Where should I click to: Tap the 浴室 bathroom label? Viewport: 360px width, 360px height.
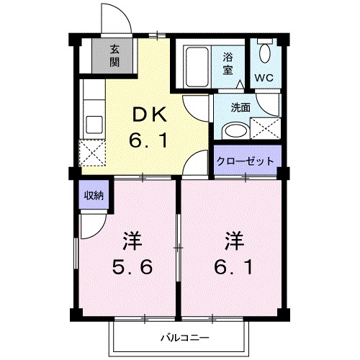pos(229,63)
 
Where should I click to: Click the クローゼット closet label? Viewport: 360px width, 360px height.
pos(246,161)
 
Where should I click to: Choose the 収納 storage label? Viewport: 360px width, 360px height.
pos(91,196)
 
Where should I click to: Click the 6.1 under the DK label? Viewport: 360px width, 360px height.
pos(149,140)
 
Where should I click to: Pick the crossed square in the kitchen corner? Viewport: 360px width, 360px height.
pos(92,153)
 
